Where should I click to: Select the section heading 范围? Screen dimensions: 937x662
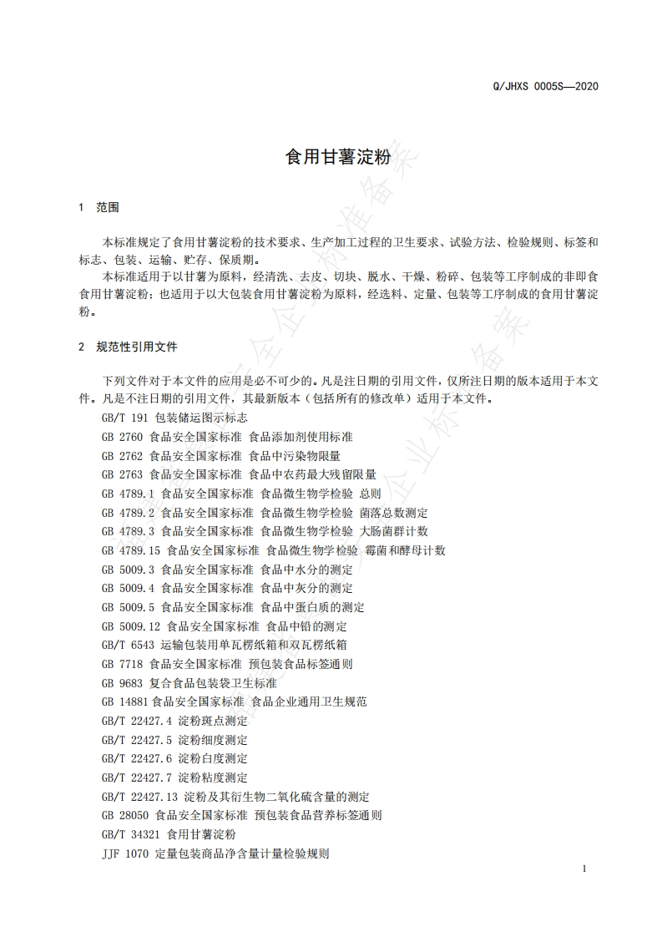[x=109, y=206]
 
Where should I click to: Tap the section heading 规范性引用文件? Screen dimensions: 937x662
[x=137, y=346]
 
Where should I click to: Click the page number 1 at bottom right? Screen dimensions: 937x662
[x=584, y=869]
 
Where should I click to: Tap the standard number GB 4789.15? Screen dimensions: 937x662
[x=131, y=550]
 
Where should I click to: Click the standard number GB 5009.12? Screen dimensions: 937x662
[x=131, y=626]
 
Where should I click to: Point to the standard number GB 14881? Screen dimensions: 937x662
[x=125, y=701]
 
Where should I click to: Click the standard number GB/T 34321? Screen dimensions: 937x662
[x=131, y=834]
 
